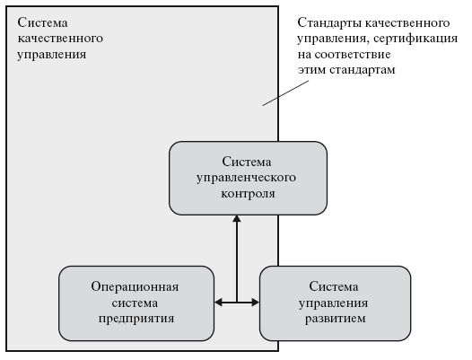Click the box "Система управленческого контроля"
(248, 178)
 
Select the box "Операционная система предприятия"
(136, 303)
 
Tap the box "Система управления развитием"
(335, 303)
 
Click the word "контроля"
(248, 193)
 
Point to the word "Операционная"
(135, 286)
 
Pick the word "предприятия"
(136, 319)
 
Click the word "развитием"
(336, 319)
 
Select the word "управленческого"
(246, 178)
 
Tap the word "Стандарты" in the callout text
(328, 23)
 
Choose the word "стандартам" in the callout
(363, 70)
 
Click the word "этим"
(312, 70)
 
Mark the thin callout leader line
(285, 93)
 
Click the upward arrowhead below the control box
(237, 219)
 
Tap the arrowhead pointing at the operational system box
(218, 302)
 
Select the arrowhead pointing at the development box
(256, 302)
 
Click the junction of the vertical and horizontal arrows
(237, 302)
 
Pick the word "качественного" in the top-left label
(60, 39)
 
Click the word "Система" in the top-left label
(42, 23)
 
